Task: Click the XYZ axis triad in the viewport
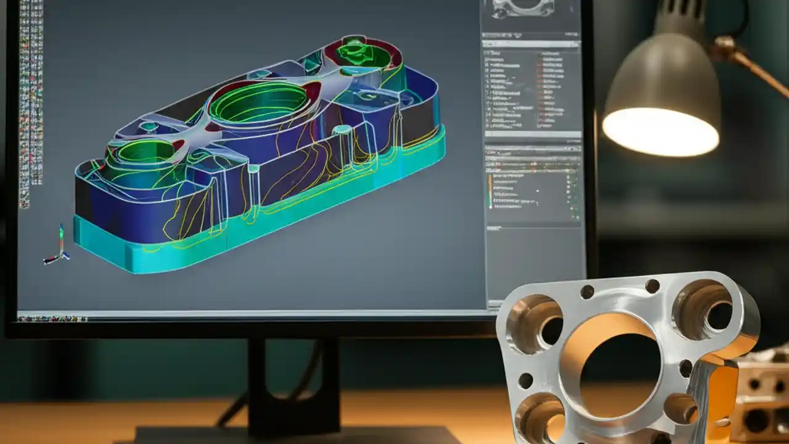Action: coord(59,247)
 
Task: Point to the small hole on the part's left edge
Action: coord(525,380)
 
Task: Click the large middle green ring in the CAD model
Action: coord(259,102)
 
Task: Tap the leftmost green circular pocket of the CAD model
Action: coord(145,151)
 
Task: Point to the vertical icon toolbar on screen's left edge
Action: coord(25,105)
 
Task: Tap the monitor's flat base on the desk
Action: coord(296,435)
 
